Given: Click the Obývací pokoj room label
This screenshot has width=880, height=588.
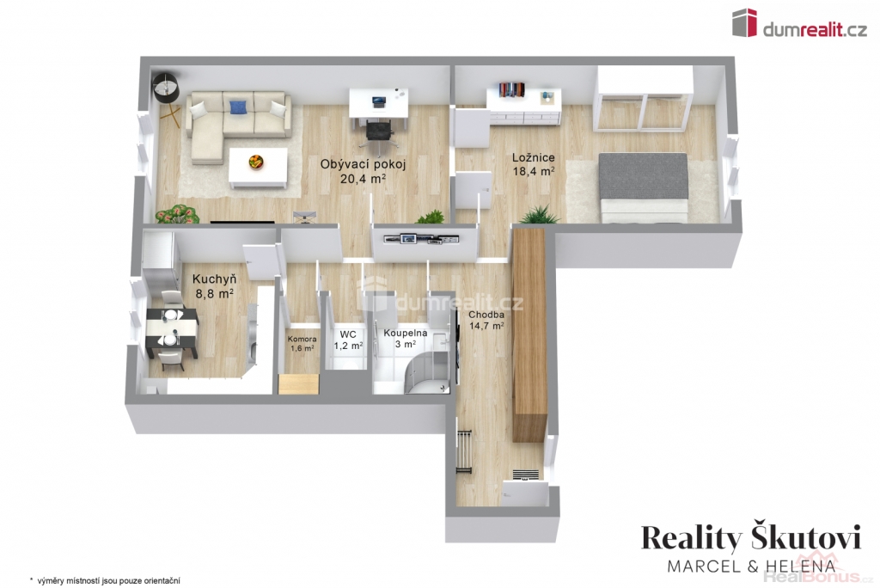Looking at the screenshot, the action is point(363,172).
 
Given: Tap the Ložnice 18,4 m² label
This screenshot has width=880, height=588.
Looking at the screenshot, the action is point(533,164).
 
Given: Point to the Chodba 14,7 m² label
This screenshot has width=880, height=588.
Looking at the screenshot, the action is point(486,320).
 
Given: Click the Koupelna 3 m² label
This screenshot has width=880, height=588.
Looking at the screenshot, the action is point(406,338).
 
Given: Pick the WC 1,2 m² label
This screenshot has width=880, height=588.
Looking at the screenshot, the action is point(348,340).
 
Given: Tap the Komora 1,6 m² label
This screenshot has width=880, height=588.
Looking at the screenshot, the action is point(302,344).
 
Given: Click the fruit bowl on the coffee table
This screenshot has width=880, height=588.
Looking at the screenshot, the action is point(257,162).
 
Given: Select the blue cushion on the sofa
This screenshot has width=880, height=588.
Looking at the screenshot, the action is point(239,106).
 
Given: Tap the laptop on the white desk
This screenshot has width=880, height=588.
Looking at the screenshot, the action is point(380,101).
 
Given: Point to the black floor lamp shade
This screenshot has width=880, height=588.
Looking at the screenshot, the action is point(166,88).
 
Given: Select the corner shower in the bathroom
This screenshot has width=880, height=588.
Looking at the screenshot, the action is point(428,371).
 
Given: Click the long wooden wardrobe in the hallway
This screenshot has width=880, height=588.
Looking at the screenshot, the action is point(529,330).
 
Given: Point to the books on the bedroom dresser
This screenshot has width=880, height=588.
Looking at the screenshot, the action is point(512,90).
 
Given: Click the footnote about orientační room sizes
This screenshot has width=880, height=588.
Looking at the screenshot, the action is point(105,581).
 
